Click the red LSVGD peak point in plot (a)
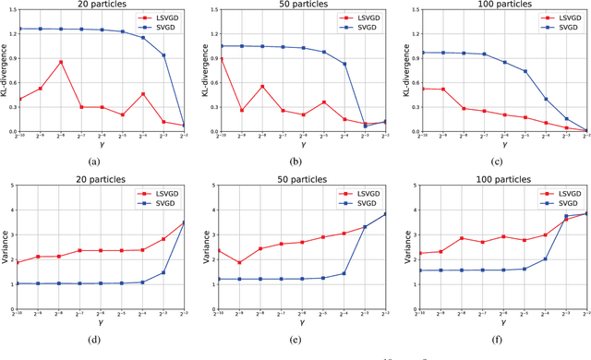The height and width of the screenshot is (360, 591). coord(60,62)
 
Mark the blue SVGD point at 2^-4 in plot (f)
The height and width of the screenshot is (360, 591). coord(545,259)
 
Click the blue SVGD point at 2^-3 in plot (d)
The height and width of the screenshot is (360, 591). coord(163,272)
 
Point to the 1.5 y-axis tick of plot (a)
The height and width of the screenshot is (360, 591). coord(9,10)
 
